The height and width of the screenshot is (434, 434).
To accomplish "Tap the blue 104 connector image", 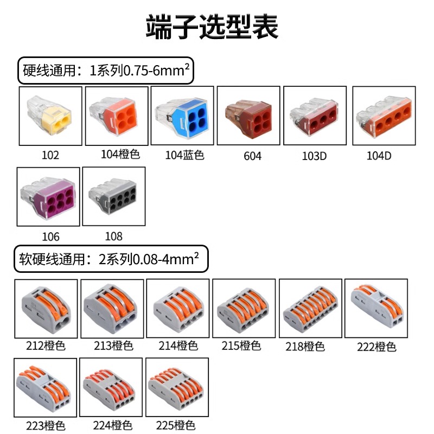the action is click(182, 116).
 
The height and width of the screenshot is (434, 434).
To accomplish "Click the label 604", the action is click(252, 156).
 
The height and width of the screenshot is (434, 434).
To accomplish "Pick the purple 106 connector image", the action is click(48, 196).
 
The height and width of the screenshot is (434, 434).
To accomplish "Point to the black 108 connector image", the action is click(114, 196).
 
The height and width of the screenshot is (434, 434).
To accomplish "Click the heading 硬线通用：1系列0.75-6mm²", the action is click(106, 71).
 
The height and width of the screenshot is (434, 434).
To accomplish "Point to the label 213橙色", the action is click(112, 346).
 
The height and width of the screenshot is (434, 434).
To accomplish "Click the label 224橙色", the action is click(112, 425).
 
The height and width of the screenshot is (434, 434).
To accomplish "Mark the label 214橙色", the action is click(178, 346).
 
